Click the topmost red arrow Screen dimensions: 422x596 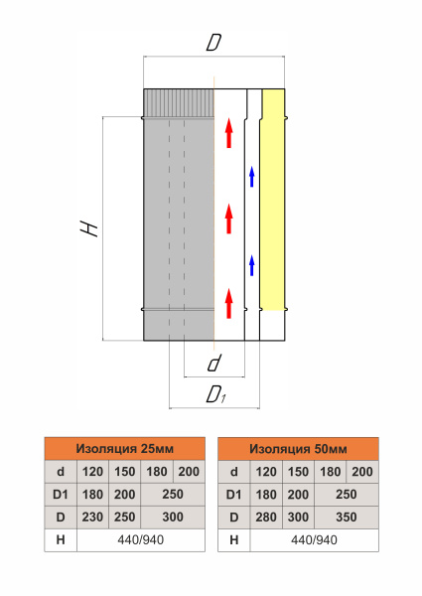(x=228, y=133)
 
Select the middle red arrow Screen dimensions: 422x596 (x=228, y=219)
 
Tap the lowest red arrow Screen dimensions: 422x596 (x=228, y=303)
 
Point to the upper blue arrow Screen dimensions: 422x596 (x=251, y=177)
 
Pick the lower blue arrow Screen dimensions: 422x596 (x=251, y=265)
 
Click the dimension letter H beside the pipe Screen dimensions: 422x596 (x=89, y=228)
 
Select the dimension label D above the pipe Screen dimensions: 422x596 (x=213, y=43)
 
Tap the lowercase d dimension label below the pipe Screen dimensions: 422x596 (x=214, y=363)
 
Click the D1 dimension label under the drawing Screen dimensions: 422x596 (x=215, y=394)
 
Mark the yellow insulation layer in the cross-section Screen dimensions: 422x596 (x=273, y=200)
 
